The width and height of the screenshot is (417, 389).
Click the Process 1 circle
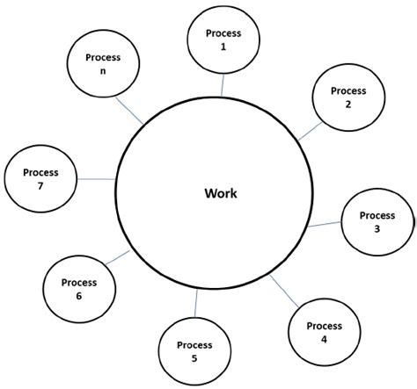[x=223, y=39]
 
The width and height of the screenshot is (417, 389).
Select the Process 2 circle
[x=347, y=97]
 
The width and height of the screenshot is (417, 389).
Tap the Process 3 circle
[x=377, y=222]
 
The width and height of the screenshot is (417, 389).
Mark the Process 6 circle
[x=78, y=289]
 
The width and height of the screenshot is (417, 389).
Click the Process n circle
[x=102, y=64]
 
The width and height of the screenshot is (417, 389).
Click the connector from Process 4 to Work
[x=283, y=289]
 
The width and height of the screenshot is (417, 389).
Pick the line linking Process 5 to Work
[x=196, y=304]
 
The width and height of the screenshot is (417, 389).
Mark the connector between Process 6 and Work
[x=118, y=259]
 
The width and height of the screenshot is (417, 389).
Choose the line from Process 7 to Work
[x=96, y=179]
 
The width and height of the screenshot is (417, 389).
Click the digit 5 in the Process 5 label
[x=194, y=358]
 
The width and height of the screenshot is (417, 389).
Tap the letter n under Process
[x=102, y=71]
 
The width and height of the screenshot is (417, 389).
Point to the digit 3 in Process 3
[x=377, y=228]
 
